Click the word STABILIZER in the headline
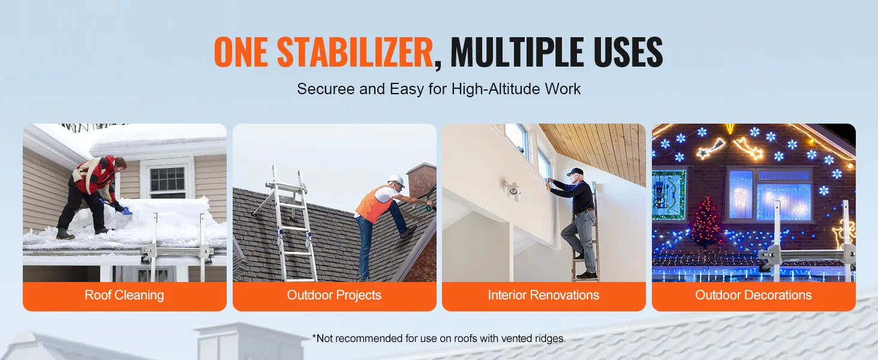click(x=354, y=52)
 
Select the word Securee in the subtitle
click(x=326, y=89)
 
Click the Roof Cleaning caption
click(x=124, y=295)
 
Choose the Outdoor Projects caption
click(x=334, y=295)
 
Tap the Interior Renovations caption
click(x=543, y=295)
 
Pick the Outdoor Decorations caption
click(x=753, y=295)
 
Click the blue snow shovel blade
click(x=126, y=212)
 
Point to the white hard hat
click(x=396, y=181)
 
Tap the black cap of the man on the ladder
click(x=575, y=172)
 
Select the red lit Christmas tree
click(x=706, y=222)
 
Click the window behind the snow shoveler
click(x=168, y=179)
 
